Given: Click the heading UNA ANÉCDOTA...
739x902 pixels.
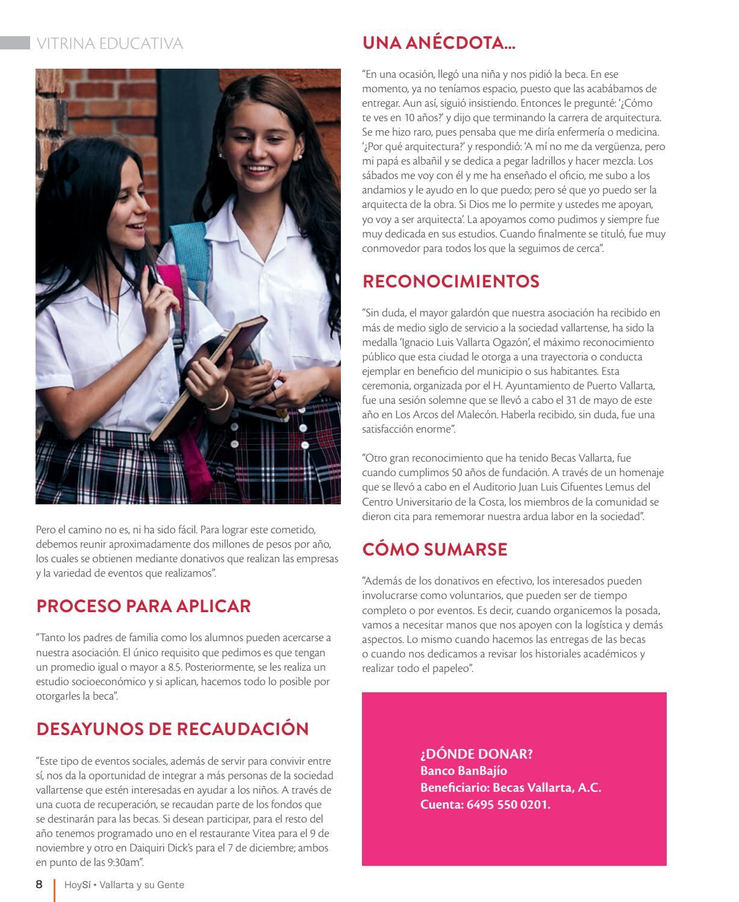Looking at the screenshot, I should pyautogui.click(x=439, y=43).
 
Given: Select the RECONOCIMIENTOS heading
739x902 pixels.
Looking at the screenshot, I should pyautogui.click(x=451, y=281).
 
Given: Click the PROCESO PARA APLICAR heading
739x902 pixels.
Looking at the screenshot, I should pyautogui.click(x=143, y=606).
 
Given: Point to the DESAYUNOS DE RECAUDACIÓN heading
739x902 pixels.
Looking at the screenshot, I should pyautogui.click(x=172, y=729).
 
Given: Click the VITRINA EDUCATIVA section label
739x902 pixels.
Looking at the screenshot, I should pyautogui.click(x=110, y=43).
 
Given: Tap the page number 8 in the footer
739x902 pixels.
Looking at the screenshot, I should pyautogui.click(x=39, y=885).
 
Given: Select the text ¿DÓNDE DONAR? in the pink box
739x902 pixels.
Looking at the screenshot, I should pyautogui.click(x=476, y=754).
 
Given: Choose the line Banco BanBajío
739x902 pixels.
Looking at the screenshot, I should pyautogui.click(x=464, y=771).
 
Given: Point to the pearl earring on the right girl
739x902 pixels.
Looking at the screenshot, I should pyautogui.click(x=300, y=157).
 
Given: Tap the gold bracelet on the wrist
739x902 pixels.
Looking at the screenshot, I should pyautogui.click(x=224, y=400).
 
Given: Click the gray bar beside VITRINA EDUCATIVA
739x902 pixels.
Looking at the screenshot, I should pyautogui.click(x=15, y=43).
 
